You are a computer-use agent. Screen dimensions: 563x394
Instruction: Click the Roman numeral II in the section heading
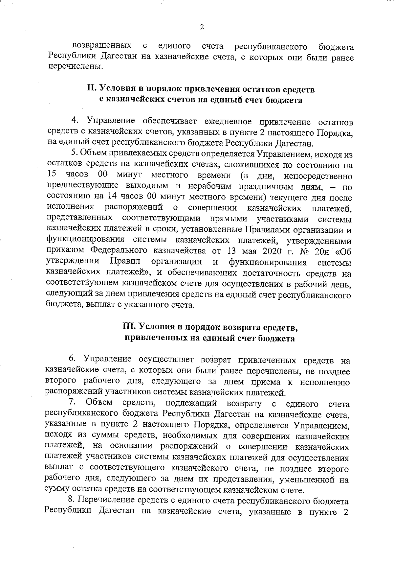[x=91, y=89]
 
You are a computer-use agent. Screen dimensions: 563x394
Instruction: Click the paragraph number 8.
[x=70, y=500]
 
